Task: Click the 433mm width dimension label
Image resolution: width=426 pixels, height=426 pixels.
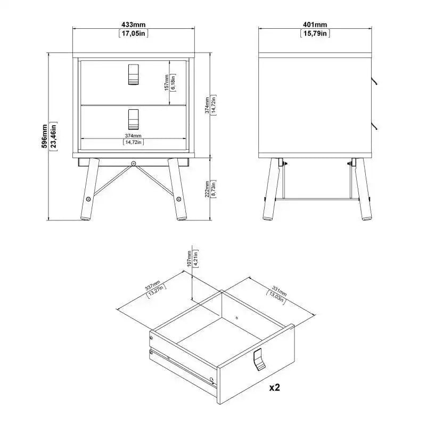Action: pos(133,25)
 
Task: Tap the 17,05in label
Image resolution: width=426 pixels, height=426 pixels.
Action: pos(133,34)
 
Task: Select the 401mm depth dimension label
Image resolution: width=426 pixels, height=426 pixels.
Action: pos(315,25)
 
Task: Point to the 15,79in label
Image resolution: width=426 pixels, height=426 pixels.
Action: pos(315,34)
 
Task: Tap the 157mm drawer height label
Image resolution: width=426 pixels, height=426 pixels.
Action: pos(167,83)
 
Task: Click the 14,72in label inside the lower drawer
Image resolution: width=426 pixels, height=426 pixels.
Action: pos(133,142)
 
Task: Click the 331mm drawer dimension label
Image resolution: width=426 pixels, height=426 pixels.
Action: pos(278,292)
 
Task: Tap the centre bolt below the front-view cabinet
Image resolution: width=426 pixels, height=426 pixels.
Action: pos(133,162)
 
